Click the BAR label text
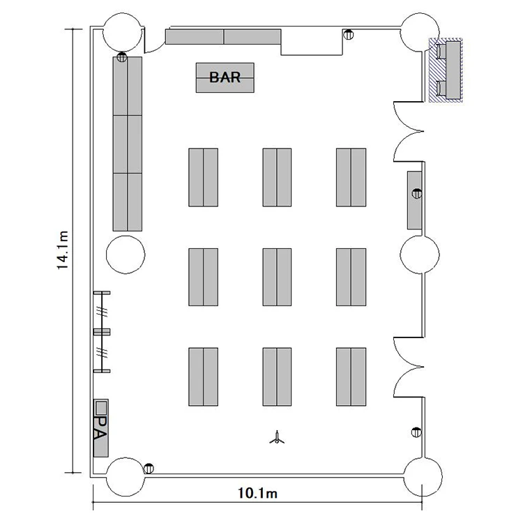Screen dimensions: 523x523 pyautogui.click(x=225, y=77)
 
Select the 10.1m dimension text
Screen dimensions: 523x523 pyautogui.click(x=257, y=493)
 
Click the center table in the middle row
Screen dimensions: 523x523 pyautogui.click(x=277, y=277)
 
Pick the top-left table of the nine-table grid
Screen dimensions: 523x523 pyautogui.click(x=203, y=177)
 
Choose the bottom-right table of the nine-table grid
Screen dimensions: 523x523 pyautogui.click(x=351, y=377)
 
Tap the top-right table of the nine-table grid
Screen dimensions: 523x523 pyautogui.click(x=351, y=177)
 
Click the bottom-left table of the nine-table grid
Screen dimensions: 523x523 pyautogui.click(x=203, y=377)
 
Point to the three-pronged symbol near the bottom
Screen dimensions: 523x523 pyautogui.click(x=277, y=439)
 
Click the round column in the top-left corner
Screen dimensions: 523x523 pyautogui.click(x=122, y=33)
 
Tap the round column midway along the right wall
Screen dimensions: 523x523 pyautogui.click(x=420, y=255)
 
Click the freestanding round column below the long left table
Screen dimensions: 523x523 pyautogui.click(x=126, y=255)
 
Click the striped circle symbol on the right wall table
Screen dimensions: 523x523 pyautogui.click(x=417, y=193)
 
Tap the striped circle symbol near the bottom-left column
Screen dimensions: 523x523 pyautogui.click(x=149, y=469)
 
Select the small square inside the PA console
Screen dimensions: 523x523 pyautogui.click(x=100, y=407)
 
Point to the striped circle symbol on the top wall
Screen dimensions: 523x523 pyautogui.click(x=349, y=34)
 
